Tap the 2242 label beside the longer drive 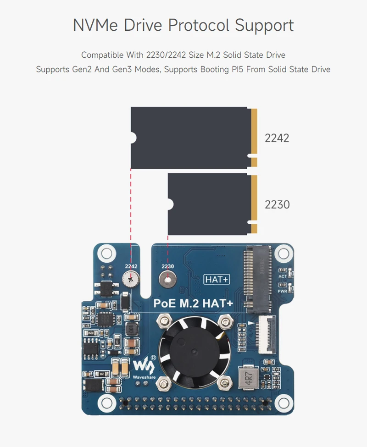click(x=277, y=138)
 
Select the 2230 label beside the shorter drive click(x=277, y=204)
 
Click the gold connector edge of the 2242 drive click(x=254, y=138)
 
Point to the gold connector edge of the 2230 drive click(x=254, y=204)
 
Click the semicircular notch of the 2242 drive click(x=133, y=137)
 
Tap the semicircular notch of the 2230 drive click(x=170, y=204)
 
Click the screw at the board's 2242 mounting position click(x=131, y=278)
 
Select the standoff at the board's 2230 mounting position click(x=168, y=278)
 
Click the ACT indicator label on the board click(x=283, y=276)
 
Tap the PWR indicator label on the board click(x=283, y=291)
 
